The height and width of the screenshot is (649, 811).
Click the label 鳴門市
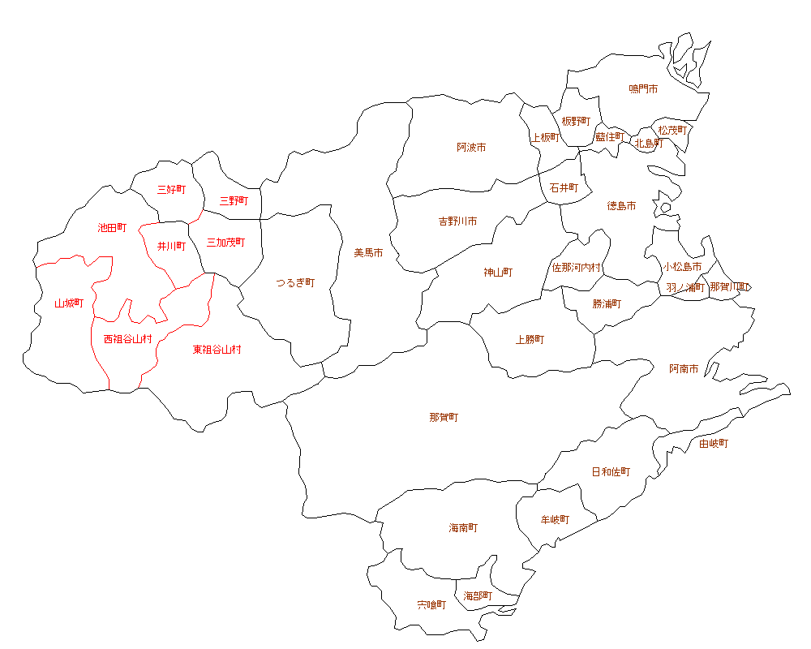(643, 88)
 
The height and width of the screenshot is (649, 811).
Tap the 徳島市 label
(621, 206)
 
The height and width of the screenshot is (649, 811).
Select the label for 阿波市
(471, 148)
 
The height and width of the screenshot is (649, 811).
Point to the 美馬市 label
(368, 253)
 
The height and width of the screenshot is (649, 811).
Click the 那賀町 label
(444, 418)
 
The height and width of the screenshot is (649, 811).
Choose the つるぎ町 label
(294, 283)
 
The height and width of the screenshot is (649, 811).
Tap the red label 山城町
(69, 303)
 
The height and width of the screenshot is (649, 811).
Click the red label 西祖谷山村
(127, 339)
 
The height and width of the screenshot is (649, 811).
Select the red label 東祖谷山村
(217, 350)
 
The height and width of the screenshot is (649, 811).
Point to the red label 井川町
(171, 246)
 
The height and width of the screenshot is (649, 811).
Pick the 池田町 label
(112, 228)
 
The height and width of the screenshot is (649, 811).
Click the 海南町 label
(463, 528)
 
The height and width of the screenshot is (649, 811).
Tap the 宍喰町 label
(431, 605)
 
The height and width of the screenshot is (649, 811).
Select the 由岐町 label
(714, 444)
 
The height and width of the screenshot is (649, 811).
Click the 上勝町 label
(530, 340)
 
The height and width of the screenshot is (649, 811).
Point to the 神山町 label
(498, 273)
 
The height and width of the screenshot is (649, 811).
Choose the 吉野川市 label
(457, 221)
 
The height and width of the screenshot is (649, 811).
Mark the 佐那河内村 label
(577, 267)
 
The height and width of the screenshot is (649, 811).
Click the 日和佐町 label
(611, 472)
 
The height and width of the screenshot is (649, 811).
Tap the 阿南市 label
(684, 369)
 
